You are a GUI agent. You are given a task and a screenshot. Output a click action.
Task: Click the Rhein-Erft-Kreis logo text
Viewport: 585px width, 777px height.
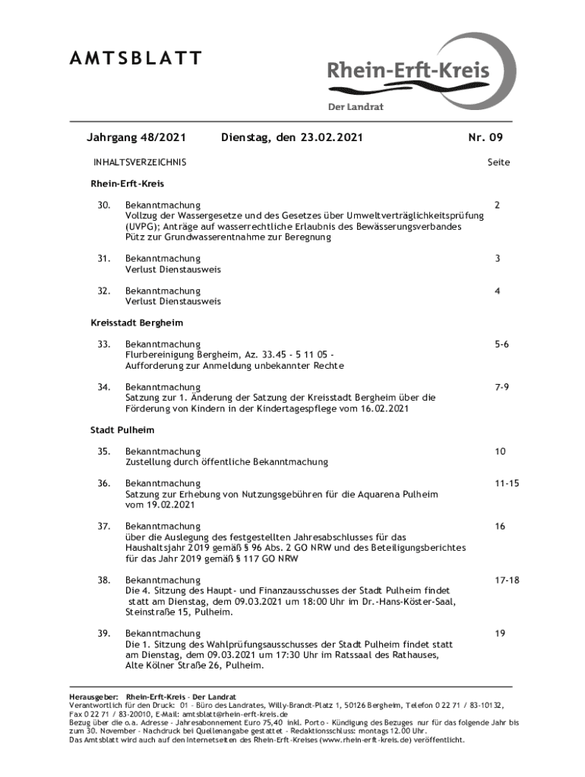[408, 73]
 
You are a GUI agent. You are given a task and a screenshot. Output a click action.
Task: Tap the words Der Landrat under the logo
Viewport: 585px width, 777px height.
[356, 107]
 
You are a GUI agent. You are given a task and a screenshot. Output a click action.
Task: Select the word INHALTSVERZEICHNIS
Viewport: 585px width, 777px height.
[139, 162]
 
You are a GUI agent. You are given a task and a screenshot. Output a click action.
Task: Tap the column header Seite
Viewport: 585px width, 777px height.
[498, 162]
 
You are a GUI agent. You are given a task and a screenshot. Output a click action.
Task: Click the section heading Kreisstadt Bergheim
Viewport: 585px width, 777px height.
[137, 322]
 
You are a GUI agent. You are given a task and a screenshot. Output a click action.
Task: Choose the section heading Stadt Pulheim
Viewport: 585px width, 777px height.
[117, 429]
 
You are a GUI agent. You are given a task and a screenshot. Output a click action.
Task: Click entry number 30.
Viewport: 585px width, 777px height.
[104, 206]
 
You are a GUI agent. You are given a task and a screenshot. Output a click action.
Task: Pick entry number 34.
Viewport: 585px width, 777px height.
[104, 387]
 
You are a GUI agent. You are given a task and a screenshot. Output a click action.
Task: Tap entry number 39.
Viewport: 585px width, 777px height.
[104, 633]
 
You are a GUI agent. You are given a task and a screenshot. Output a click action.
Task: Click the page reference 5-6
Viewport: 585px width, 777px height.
[500, 344]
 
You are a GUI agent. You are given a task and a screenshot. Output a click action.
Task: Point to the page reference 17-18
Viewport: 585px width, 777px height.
[506, 580]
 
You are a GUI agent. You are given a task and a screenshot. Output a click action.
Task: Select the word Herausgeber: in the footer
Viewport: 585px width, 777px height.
[93, 697]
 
